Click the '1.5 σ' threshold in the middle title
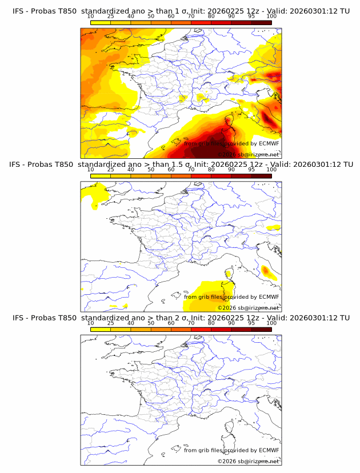[x=174, y=165]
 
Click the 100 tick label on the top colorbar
[x=271, y=16]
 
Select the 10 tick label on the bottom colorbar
[x=90, y=322]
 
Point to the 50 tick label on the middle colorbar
[x=151, y=169]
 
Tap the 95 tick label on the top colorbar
[x=251, y=16]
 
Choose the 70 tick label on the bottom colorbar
[x=191, y=322]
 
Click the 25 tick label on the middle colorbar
[x=110, y=169]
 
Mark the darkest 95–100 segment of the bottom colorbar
[x=261, y=329]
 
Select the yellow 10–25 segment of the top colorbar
[x=101, y=22]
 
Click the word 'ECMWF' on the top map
[x=269, y=143]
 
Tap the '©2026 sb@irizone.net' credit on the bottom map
[x=248, y=460]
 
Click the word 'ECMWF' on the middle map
[x=269, y=296]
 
